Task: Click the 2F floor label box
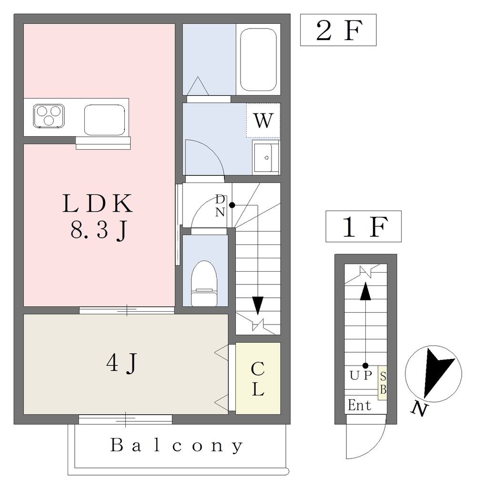[x=338, y=30]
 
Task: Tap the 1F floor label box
[x=363, y=226]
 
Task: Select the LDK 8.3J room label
[x=98, y=217]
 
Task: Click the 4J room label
[x=122, y=365]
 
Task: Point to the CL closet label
[x=258, y=379]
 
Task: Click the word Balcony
[x=177, y=446]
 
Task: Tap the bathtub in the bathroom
[x=258, y=60]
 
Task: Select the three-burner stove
[x=49, y=116]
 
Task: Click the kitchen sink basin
[x=105, y=120]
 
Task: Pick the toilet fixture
[x=204, y=284]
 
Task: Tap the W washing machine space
[x=263, y=121]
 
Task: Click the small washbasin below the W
[x=265, y=157]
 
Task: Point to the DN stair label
[x=220, y=206]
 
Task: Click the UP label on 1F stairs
[x=360, y=376]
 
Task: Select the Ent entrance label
[x=359, y=406]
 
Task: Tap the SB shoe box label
[x=383, y=382]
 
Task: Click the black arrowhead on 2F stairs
[x=258, y=305]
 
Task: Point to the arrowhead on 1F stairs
[x=365, y=291]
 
